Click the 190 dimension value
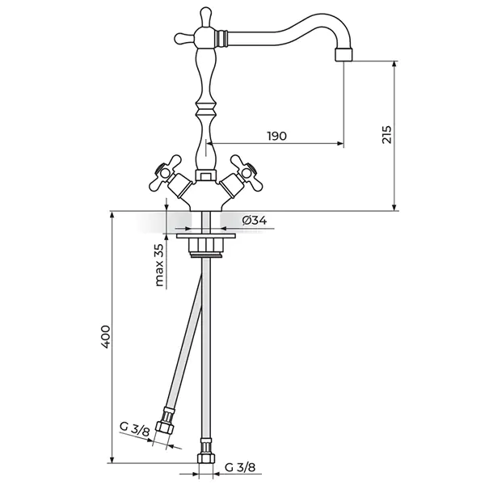(x=277, y=136)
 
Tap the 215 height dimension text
(x=386, y=134)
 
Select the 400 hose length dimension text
(x=106, y=337)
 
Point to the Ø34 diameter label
(x=255, y=221)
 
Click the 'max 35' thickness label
(x=159, y=265)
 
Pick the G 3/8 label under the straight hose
(x=240, y=467)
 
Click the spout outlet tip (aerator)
(x=344, y=55)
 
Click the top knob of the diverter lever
(x=205, y=16)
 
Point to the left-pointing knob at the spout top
(x=184, y=39)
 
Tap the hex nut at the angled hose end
(x=165, y=428)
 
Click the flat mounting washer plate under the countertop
(x=206, y=236)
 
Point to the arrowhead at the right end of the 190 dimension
(x=340, y=143)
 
